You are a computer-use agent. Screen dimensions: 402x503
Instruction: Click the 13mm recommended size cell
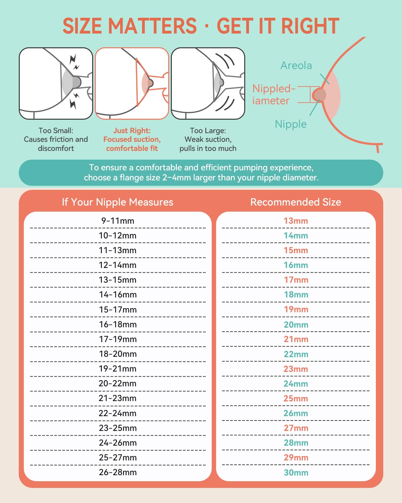(x=296, y=221)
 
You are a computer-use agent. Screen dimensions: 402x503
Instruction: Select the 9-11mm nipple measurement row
(x=118, y=221)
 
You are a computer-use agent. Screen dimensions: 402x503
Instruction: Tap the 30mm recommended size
(x=296, y=472)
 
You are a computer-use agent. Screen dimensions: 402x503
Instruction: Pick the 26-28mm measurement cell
(x=118, y=472)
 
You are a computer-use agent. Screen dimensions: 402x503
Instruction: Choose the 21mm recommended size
(x=296, y=339)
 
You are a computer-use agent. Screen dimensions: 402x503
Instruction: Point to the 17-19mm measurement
(x=118, y=339)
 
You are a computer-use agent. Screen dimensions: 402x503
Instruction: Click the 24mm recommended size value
(x=296, y=384)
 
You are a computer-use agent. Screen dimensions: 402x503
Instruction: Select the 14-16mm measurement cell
(x=118, y=294)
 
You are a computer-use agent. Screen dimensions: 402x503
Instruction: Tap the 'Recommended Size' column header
(x=295, y=202)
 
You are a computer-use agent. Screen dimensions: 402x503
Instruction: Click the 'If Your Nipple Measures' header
(x=118, y=202)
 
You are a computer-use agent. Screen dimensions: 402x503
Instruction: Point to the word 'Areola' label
(x=296, y=65)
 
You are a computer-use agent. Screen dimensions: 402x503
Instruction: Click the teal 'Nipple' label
(x=290, y=124)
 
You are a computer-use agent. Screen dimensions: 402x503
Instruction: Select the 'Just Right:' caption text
(x=132, y=130)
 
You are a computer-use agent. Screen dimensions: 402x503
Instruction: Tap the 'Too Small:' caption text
(x=56, y=130)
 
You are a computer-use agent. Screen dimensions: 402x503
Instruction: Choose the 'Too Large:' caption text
(x=208, y=130)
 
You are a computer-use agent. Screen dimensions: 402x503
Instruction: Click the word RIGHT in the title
(x=310, y=26)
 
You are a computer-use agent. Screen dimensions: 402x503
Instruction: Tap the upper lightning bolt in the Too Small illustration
(x=73, y=60)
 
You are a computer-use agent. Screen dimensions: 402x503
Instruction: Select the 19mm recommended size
(x=296, y=310)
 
